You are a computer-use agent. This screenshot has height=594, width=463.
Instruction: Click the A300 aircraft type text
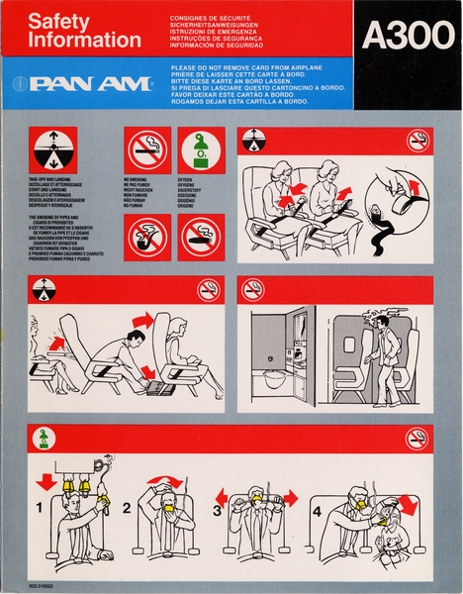401,36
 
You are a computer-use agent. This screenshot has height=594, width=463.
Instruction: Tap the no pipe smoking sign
145,237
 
